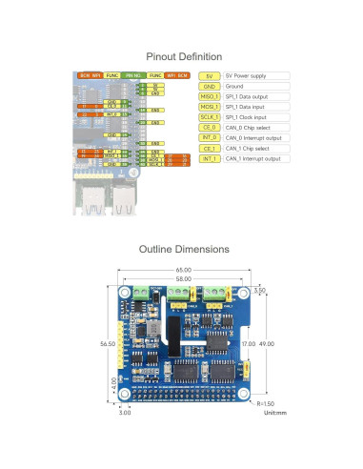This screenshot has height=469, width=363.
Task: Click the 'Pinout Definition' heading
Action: click(x=181, y=57)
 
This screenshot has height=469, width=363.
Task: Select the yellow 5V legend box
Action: click(x=211, y=75)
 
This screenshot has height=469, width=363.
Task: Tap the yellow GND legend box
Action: click(x=211, y=86)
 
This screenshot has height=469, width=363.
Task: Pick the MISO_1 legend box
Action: click(x=211, y=97)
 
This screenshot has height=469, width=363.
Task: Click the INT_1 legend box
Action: click(x=211, y=159)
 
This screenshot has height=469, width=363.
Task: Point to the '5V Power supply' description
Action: click(x=246, y=75)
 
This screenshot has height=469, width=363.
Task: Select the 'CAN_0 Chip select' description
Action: click(x=246, y=128)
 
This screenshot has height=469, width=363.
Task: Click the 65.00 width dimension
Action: click(x=182, y=271)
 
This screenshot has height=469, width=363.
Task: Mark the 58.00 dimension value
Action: click(x=182, y=278)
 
